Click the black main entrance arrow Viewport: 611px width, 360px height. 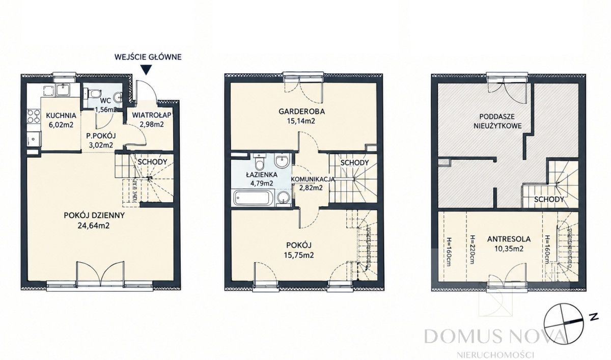(147, 70)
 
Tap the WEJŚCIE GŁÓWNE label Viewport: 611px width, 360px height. (148, 57)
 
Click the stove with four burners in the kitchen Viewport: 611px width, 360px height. (34, 117)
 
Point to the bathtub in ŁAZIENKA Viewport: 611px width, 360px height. (253, 198)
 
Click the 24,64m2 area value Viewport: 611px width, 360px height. (94, 226)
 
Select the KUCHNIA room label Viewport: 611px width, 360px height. (61, 116)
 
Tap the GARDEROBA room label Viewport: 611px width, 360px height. (301, 112)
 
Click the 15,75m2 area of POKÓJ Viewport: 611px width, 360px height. (299, 255)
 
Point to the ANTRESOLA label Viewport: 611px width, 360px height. (509, 239)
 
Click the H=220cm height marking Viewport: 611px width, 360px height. (471, 250)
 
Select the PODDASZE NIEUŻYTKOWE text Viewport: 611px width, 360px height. (497, 121)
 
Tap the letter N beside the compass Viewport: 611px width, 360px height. (594, 317)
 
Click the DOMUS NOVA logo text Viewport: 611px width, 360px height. (495, 336)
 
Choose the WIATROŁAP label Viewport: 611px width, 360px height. (152, 115)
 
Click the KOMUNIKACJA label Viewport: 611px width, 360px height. (313, 179)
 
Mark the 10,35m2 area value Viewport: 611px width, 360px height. (508, 248)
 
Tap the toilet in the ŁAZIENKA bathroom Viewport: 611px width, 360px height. (259, 162)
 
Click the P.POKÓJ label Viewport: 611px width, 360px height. (101, 136)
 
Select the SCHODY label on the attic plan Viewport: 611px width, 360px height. (549, 200)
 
